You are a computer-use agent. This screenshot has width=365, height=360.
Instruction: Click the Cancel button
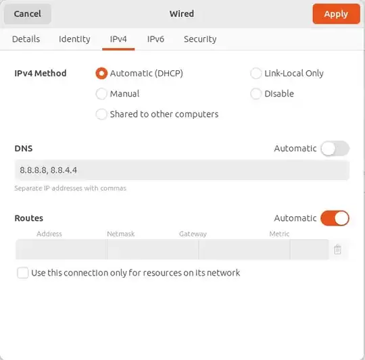(x=27, y=14)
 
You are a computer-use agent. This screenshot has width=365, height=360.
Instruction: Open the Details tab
(x=26, y=39)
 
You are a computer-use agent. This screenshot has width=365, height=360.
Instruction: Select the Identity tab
(x=74, y=39)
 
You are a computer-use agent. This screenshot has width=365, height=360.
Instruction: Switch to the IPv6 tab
(x=155, y=39)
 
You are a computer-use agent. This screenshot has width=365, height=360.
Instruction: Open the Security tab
(x=200, y=39)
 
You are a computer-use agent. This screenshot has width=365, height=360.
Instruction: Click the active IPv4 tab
(x=119, y=39)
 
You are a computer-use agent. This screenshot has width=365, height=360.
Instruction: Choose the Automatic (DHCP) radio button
(x=101, y=73)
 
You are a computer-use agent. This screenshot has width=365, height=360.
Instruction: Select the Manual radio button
(x=101, y=94)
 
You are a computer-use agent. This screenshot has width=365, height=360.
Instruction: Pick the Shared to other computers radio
(x=101, y=114)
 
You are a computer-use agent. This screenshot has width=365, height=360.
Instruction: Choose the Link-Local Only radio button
(x=256, y=73)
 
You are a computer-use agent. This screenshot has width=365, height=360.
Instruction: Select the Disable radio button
(x=256, y=94)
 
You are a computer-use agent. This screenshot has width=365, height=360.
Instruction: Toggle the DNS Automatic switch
(x=335, y=149)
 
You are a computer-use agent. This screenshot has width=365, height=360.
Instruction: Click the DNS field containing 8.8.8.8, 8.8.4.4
(x=182, y=170)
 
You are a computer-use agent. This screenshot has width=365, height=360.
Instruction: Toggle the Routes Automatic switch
(x=335, y=218)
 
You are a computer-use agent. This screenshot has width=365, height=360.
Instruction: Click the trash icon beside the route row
(x=338, y=250)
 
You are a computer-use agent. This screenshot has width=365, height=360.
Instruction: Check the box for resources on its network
(x=23, y=273)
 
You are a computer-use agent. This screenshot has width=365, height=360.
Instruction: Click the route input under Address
(x=61, y=250)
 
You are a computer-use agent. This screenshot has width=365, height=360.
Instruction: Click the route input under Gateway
(x=244, y=250)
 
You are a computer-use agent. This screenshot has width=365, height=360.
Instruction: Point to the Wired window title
(x=182, y=14)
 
